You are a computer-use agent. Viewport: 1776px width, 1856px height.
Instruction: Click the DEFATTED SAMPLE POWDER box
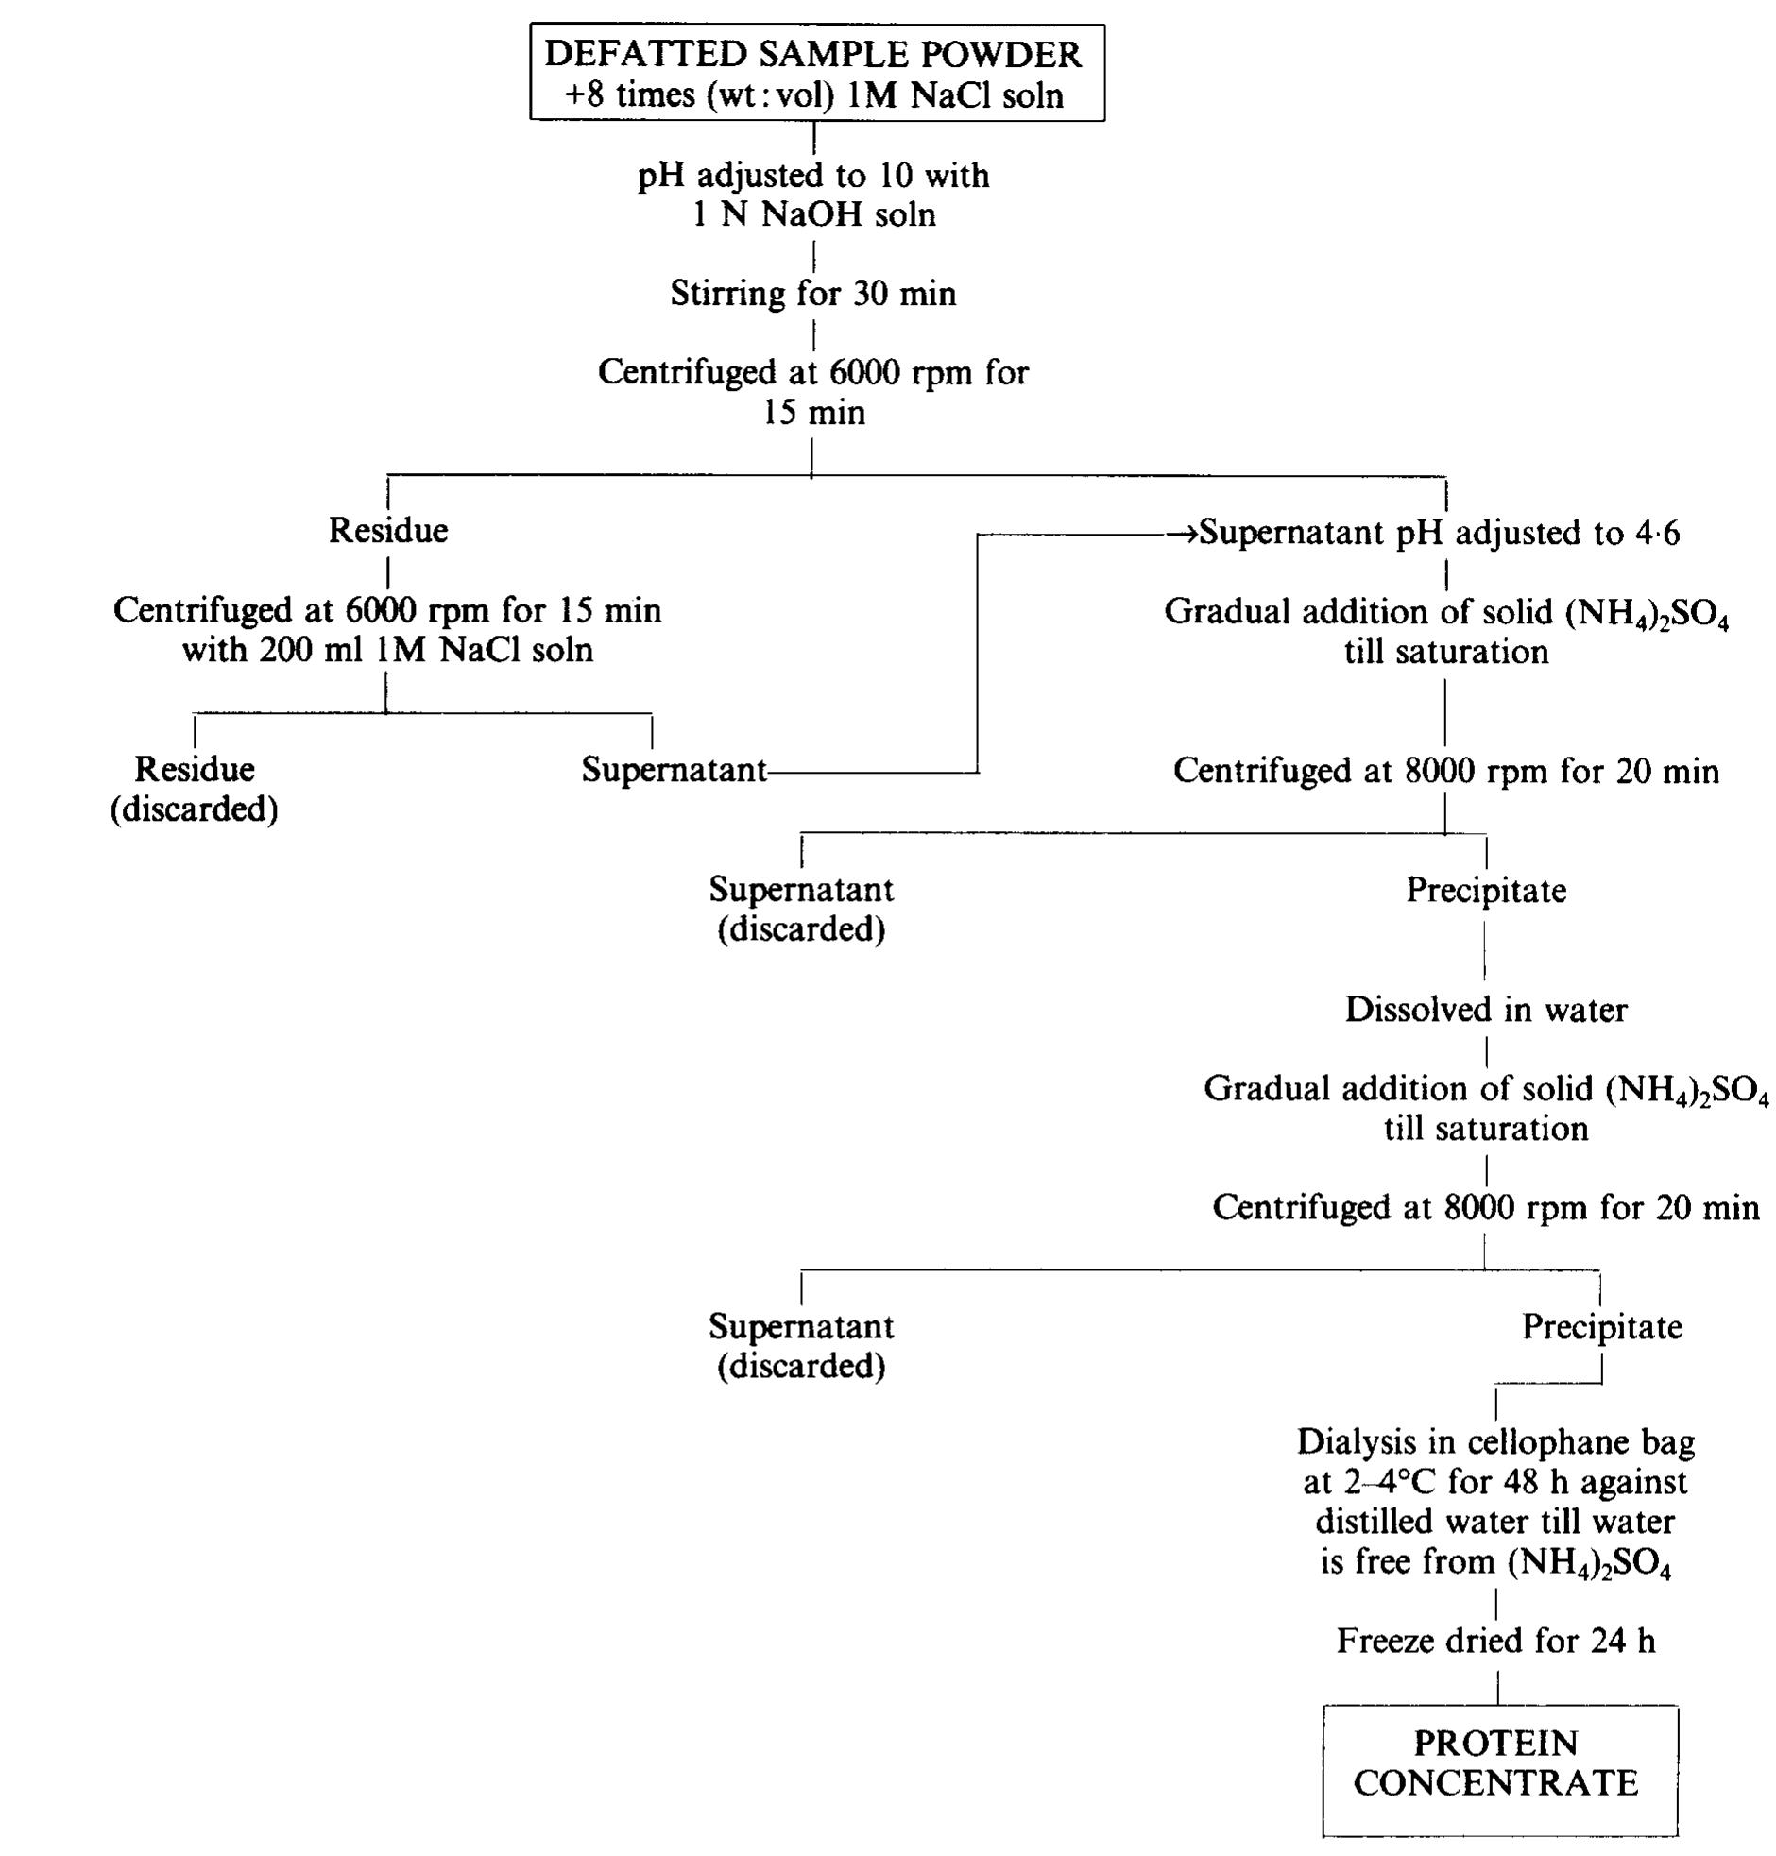(x=816, y=74)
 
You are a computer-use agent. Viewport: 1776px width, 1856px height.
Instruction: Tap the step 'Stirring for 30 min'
(x=813, y=295)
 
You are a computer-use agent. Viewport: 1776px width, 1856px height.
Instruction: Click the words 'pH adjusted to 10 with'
(x=813, y=176)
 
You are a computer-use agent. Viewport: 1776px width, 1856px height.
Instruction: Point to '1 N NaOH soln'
(x=813, y=215)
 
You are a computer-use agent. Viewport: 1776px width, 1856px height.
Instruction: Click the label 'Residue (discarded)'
(x=194, y=790)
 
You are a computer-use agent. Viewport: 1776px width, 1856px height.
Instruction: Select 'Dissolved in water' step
(x=1485, y=1010)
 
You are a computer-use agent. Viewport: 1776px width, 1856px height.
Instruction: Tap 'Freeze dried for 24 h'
(x=1495, y=1641)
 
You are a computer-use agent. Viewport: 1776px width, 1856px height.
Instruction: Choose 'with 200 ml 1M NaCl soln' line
(x=387, y=651)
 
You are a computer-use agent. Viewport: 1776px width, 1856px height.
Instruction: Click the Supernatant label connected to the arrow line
(x=674, y=771)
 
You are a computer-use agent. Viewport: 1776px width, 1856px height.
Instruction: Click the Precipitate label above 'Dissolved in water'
(x=1485, y=891)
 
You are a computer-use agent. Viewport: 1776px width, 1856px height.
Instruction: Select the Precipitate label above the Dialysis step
(x=1602, y=1327)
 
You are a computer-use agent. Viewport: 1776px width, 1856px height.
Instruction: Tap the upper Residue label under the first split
(x=388, y=531)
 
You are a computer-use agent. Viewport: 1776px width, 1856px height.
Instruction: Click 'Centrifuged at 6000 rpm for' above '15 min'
(x=813, y=373)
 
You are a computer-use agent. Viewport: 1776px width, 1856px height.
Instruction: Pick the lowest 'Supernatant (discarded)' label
(x=801, y=1346)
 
